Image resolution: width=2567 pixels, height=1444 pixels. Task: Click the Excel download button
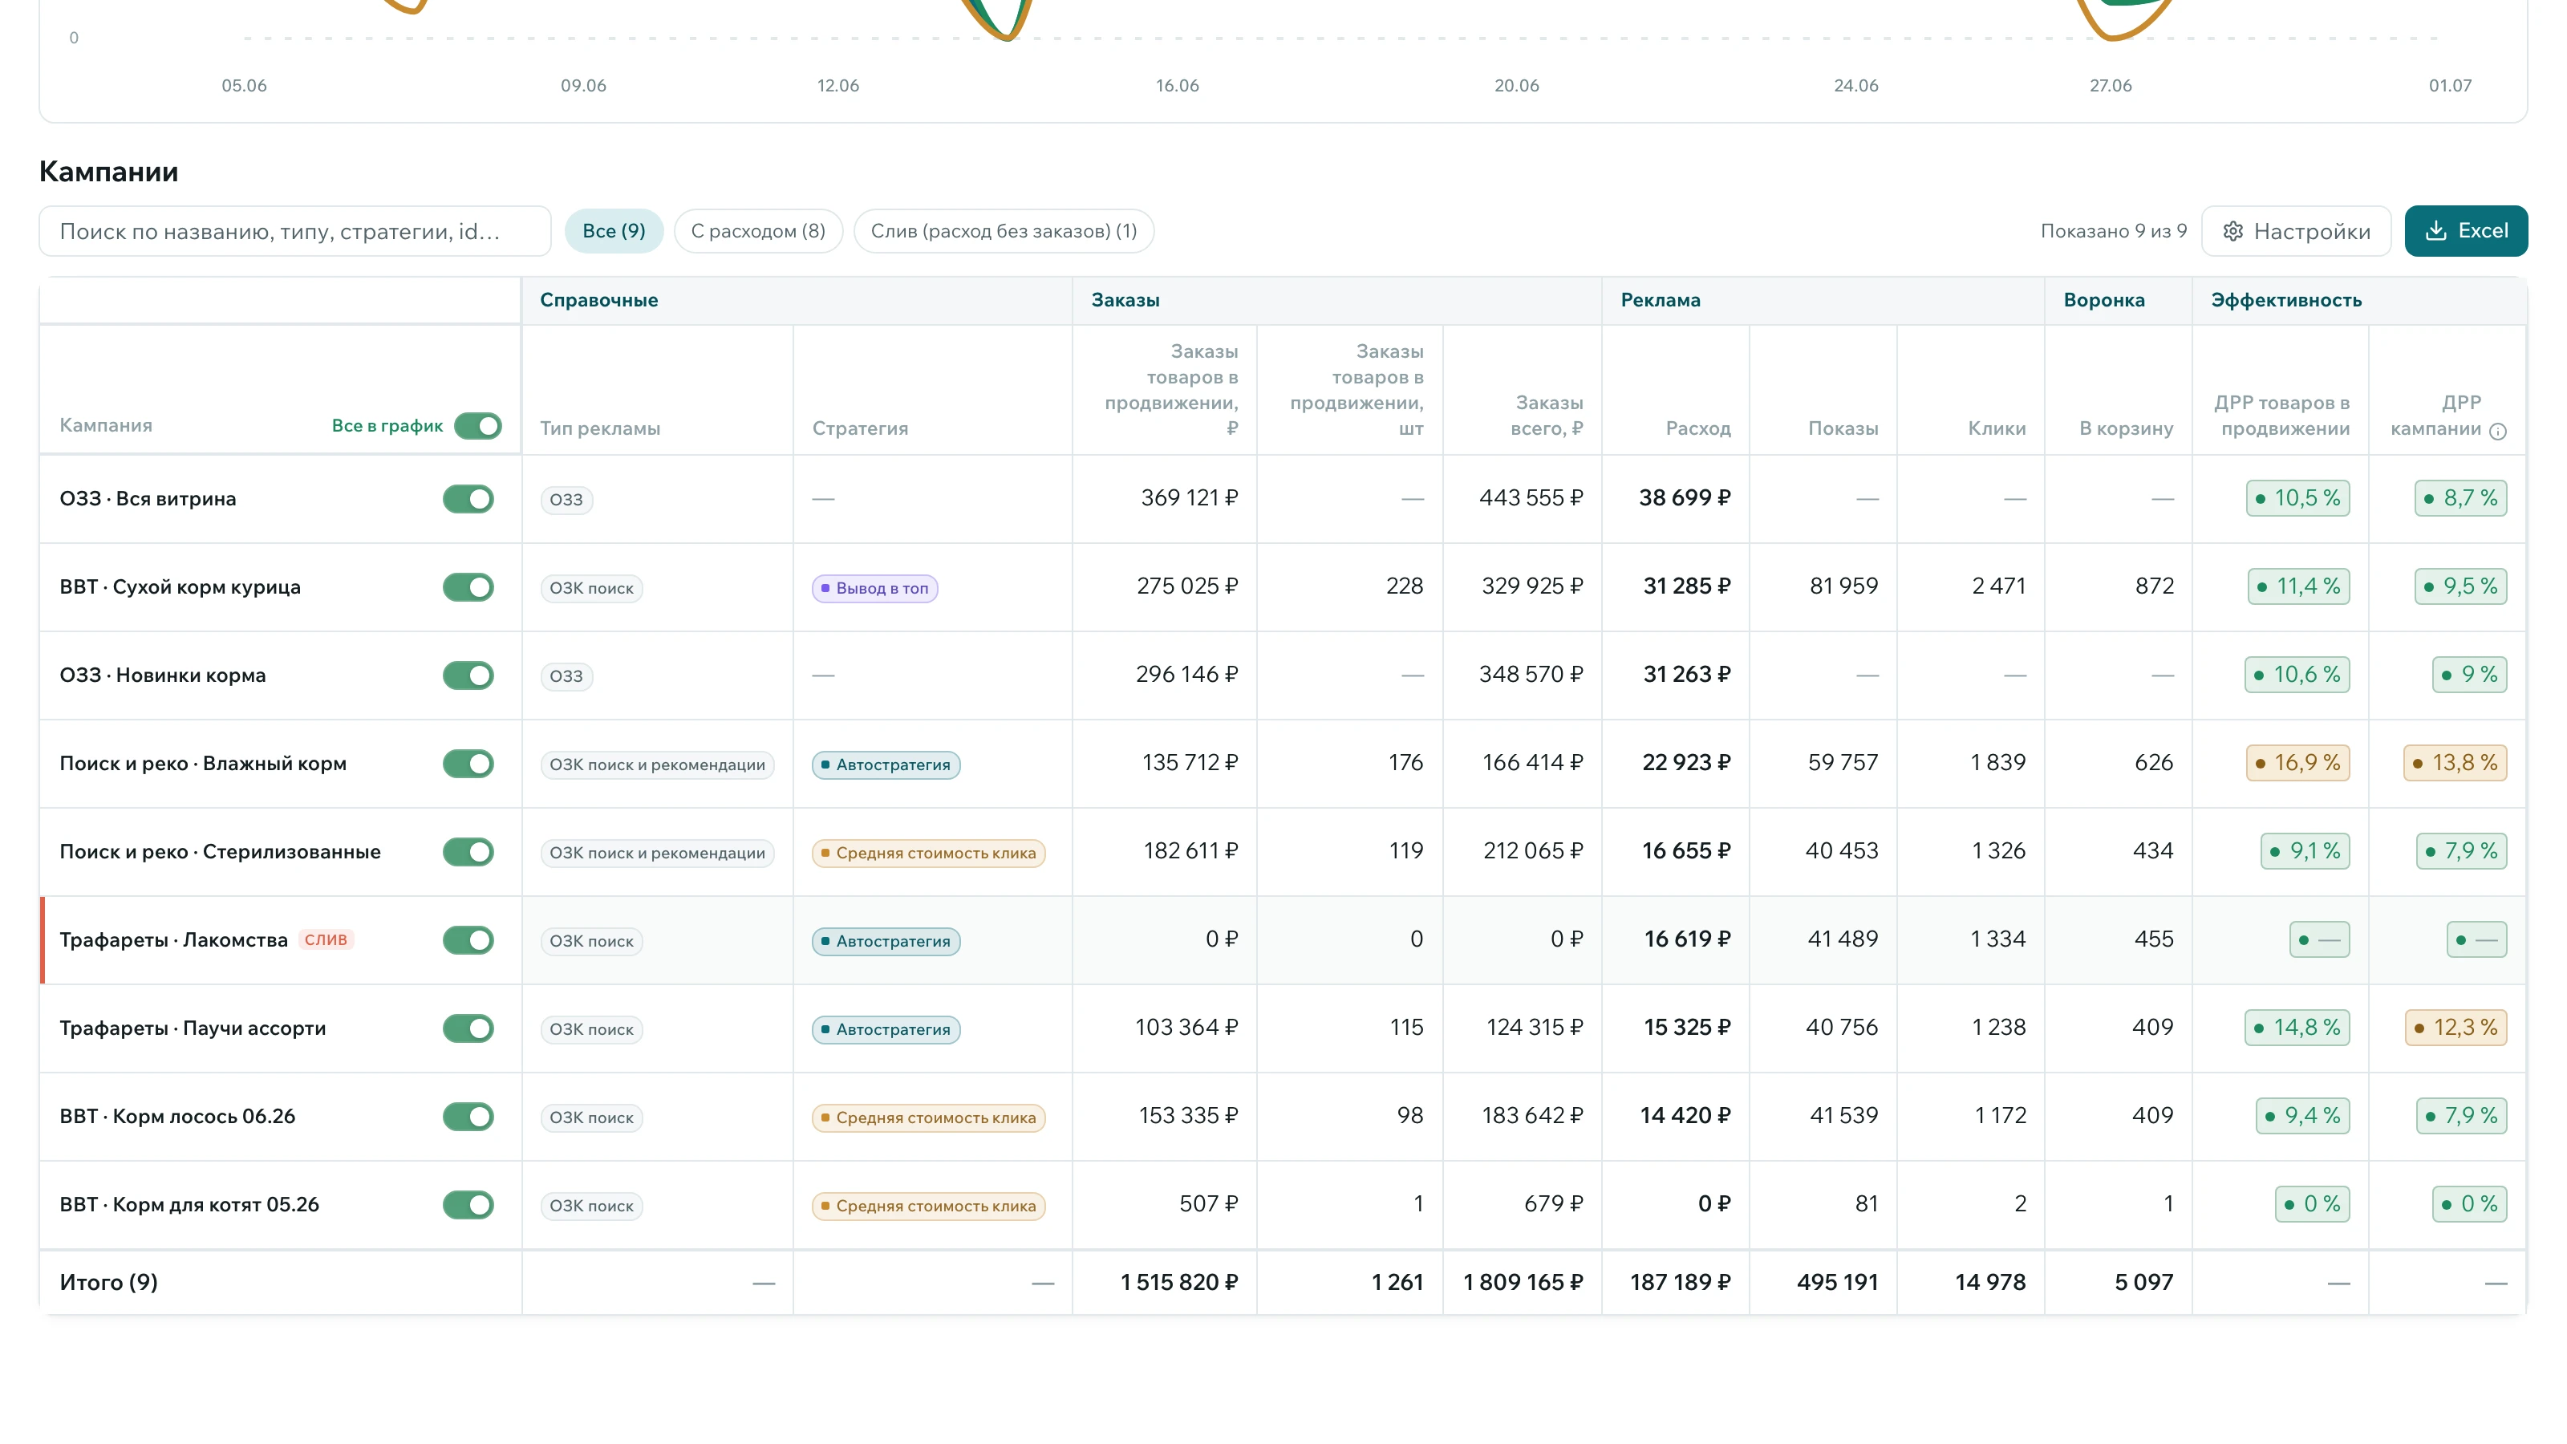(x=2465, y=231)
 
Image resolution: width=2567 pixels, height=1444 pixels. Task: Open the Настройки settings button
(x=2296, y=231)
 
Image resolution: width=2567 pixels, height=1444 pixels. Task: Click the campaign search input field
(x=295, y=231)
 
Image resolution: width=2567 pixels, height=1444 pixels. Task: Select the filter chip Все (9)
(x=614, y=231)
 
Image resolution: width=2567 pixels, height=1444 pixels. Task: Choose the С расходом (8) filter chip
(x=758, y=231)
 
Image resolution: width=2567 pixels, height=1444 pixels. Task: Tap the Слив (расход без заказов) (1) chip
(x=1004, y=231)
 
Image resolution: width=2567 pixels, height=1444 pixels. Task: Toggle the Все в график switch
(x=478, y=425)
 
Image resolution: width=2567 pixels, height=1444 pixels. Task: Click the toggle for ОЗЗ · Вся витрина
(x=468, y=498)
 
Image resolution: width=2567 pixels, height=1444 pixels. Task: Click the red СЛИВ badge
(x=326, y=939)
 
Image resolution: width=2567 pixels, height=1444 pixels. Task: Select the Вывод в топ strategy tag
(x=875, y=588)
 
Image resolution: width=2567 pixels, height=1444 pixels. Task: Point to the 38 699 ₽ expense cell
(x=1685, y=497)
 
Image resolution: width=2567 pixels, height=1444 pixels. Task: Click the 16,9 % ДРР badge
(x=2298, y=764)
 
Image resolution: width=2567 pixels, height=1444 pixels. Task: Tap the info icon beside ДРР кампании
(x=2497, y=432)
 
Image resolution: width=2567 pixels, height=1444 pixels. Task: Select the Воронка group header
(x=2103, y=300)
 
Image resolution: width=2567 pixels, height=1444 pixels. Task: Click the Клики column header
(x=1997, y=428)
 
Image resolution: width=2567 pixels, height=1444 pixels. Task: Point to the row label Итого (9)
(x=108, y=1283)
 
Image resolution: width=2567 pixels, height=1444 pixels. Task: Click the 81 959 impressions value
(x=1843, y=586)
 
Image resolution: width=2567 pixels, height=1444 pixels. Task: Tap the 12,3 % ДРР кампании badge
(x=2455, y=1028)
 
